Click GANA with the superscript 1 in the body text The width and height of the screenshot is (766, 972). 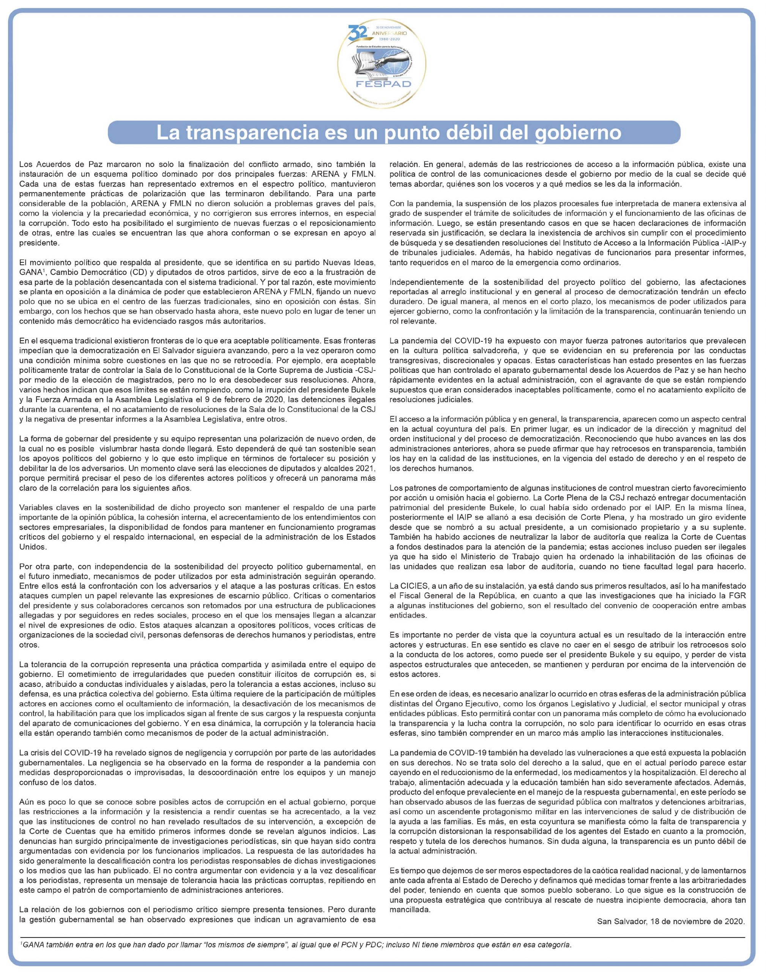pyautogui.click(x=32, y=273)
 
